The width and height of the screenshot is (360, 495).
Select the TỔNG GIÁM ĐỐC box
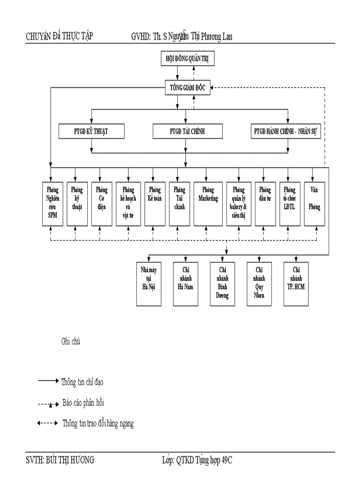click(187, 87)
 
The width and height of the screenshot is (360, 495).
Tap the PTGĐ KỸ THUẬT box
click(91, 131)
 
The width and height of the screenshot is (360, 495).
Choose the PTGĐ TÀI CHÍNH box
click(187, 131)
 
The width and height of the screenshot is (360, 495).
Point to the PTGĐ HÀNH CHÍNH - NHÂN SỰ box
click(287, 131)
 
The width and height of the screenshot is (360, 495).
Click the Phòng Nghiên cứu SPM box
click(52, 203)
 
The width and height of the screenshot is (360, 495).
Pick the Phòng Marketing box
click(208, 203)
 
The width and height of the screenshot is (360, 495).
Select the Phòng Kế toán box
click(154, 203)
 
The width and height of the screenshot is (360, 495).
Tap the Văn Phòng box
click(314, 203)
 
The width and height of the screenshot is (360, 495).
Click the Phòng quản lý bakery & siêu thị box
click(238, 203)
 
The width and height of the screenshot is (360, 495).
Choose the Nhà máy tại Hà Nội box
click(149, 283)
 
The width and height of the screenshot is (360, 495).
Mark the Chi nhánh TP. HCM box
click(296, 283)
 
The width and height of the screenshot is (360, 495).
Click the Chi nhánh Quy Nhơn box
click(259, 283)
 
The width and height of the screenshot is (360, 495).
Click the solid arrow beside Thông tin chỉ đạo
click(48, 381)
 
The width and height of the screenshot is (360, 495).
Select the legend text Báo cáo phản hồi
click(83, 402)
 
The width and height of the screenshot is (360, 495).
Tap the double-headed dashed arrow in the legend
click(47, 423)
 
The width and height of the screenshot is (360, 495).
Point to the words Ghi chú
click(71, 341)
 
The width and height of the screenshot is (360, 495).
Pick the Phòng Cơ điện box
click(101, 203)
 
